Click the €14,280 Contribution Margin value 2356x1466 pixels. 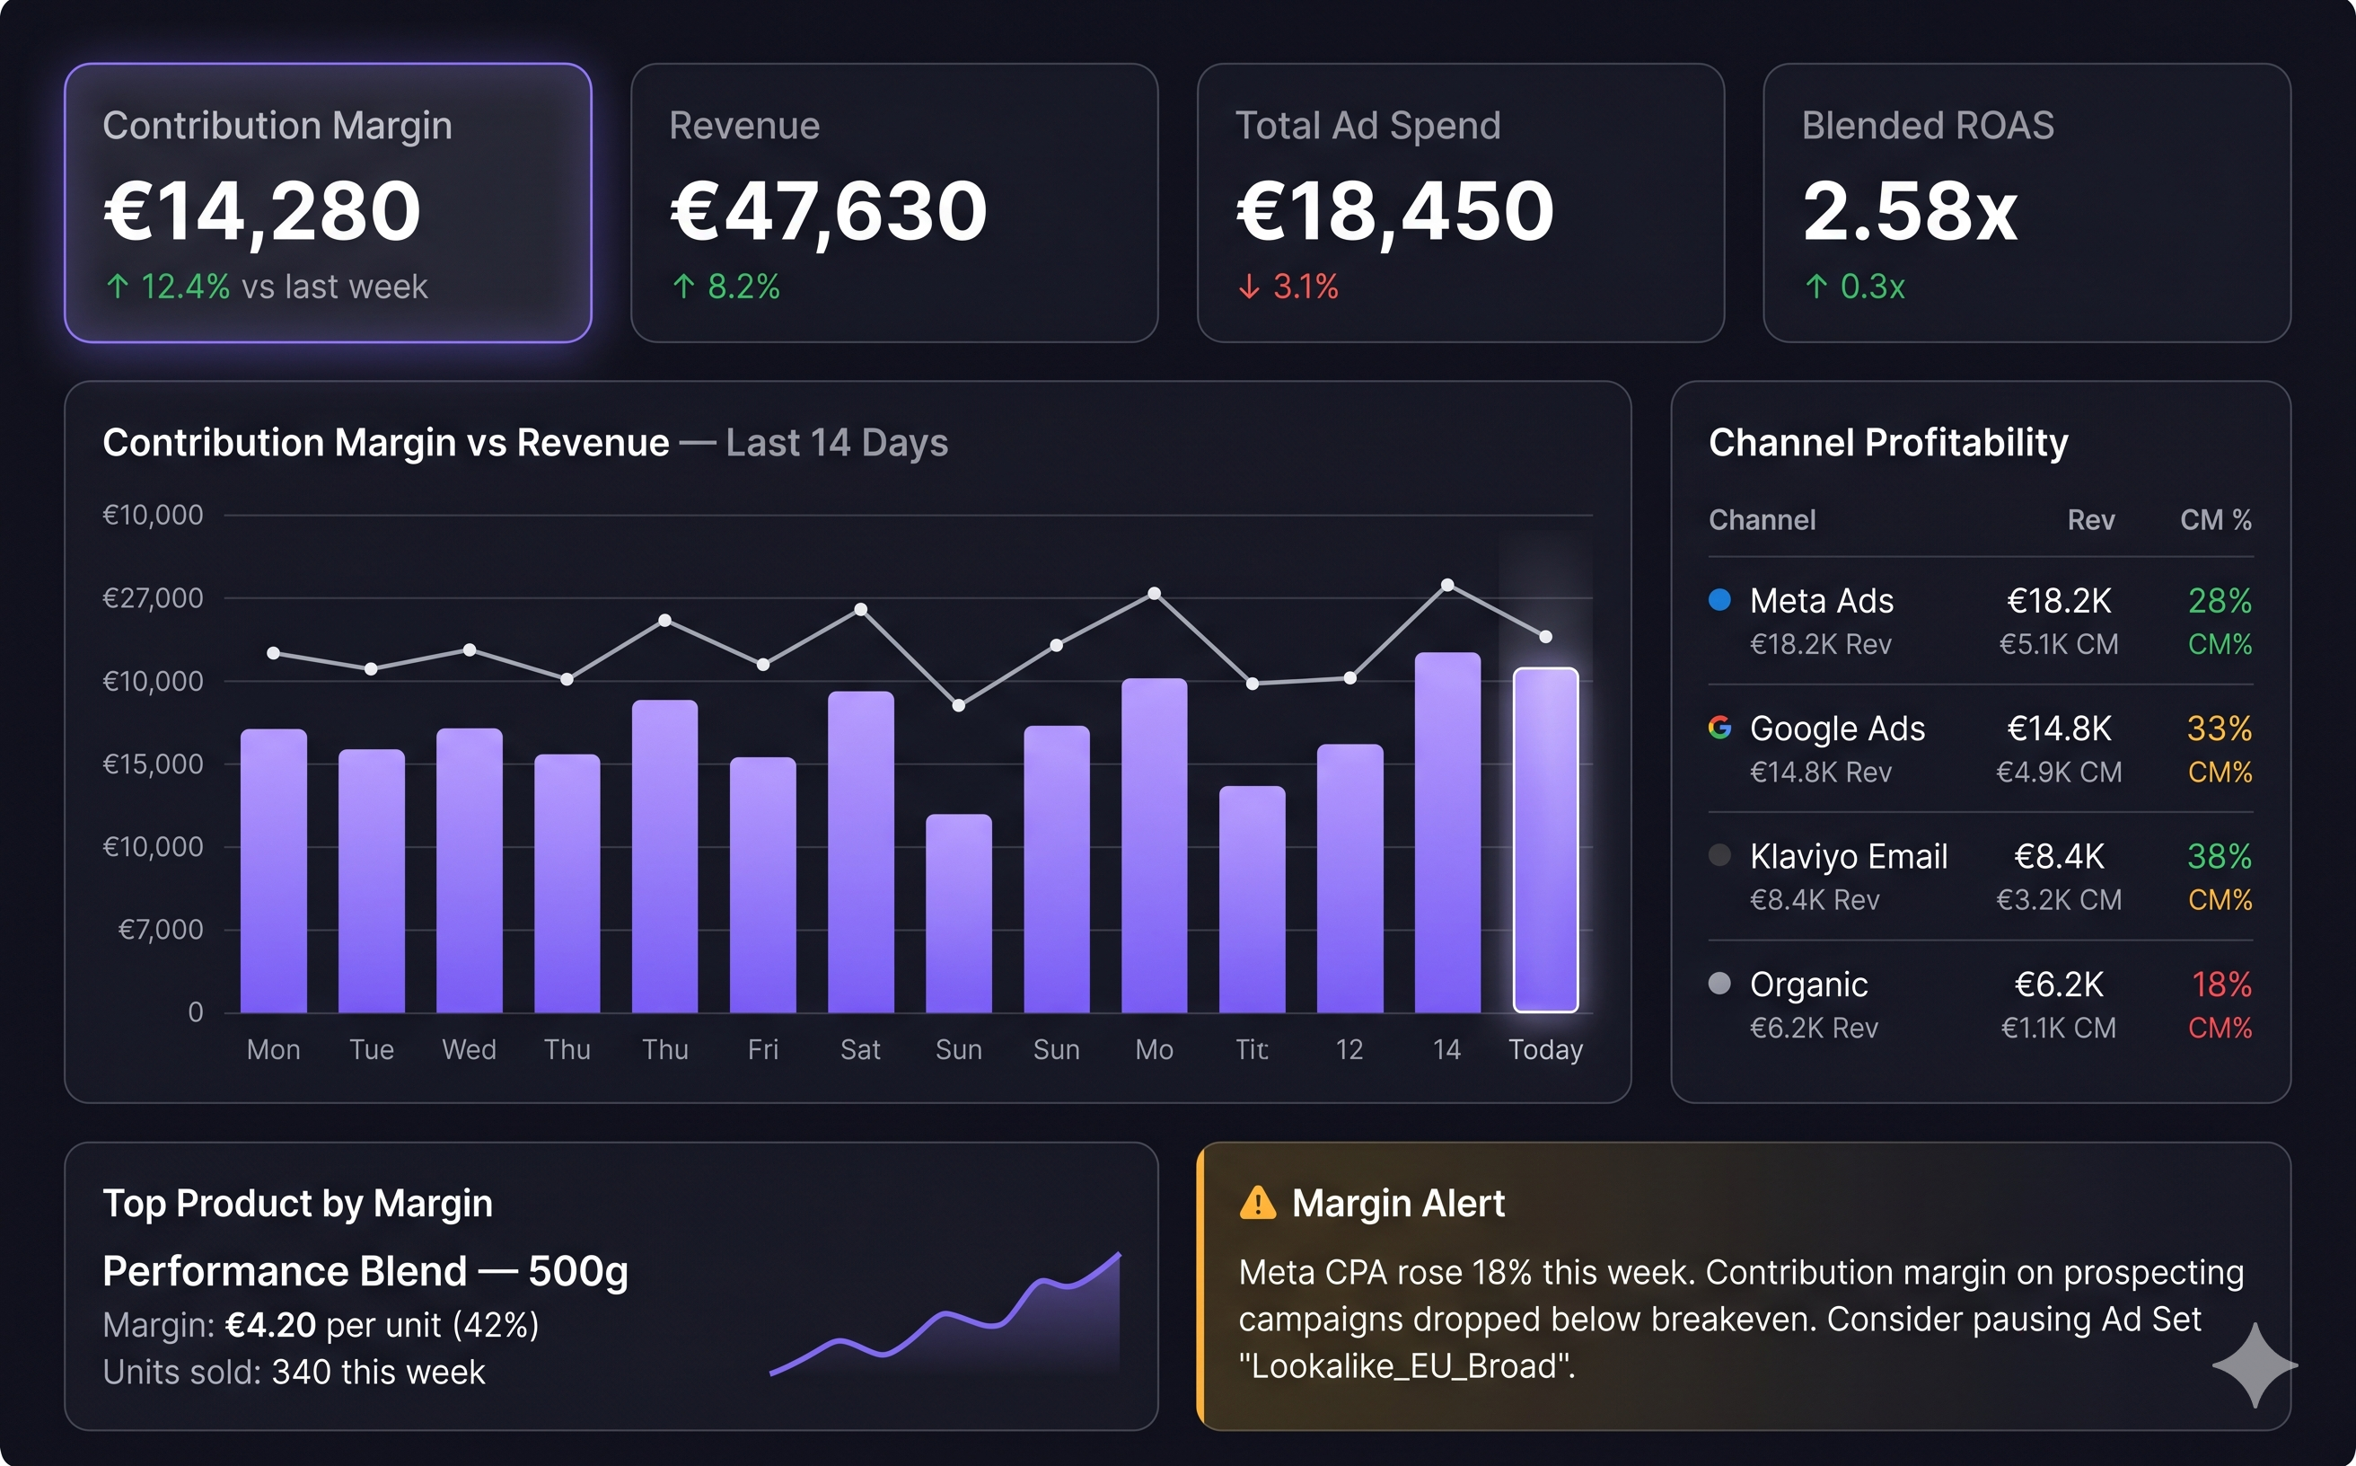tap(263, 211)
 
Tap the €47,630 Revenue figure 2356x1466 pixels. tap(829, 211)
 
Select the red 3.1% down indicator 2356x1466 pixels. tap(1288, 286)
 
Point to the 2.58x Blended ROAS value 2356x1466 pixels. tap(1910, 210)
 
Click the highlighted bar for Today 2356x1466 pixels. tap(1546, 840)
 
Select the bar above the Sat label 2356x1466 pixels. tap(860, 852)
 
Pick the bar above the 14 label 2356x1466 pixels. tap(1447, 832)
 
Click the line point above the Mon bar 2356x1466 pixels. tap(273, 653)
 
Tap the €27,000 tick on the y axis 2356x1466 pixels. tap(154, 598)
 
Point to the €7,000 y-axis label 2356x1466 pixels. tap(161, 930)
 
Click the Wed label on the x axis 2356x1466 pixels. tap(469, 1049)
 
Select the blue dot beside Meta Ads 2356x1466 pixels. tap(1719, 599)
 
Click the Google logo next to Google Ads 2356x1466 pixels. tap(1719, 728)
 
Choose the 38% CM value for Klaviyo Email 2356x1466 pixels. tap(2220, 856)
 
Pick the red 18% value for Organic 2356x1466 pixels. tap(2221, 985)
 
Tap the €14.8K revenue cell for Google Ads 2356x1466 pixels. tap(2059, 729)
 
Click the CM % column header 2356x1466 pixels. tap(2215, 520)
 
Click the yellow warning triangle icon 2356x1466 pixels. tap(1258, 1202)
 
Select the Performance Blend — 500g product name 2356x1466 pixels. tap(365, 1271)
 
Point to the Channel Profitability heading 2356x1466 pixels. tap(1888, 443)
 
